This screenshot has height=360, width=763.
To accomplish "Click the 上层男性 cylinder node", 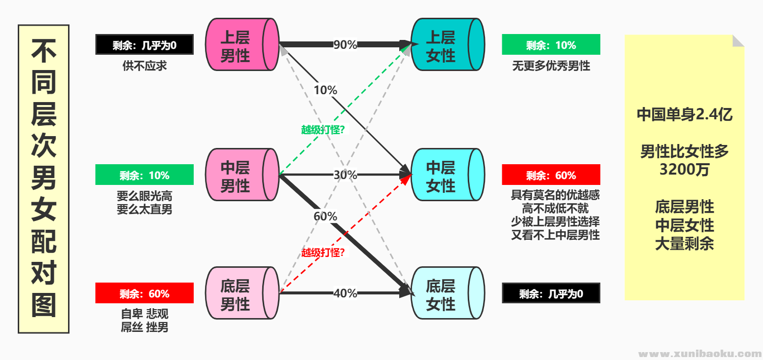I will tap(236, 44).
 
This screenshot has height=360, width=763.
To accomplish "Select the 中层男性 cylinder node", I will tap(236, 175).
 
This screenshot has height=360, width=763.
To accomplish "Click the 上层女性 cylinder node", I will tap(441, 44).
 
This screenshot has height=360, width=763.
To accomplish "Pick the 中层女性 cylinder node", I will tap(441, 175).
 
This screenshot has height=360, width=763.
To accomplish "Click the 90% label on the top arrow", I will tap(345, 44).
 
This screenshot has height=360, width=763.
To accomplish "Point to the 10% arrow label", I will tap(325, 90).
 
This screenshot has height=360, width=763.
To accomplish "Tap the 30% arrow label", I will tap(345, 175).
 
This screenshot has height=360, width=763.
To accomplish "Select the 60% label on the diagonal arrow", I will tap(325, 216).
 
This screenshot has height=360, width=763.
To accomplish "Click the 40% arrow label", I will tap(345, 293).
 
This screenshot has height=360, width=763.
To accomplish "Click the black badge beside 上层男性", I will tap(144, 45).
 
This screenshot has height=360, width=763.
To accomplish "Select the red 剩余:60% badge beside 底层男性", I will tap(144, 293).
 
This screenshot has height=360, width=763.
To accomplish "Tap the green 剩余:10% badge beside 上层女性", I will tap(551, 45).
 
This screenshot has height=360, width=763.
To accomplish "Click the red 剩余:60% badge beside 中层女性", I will tap(551, 175).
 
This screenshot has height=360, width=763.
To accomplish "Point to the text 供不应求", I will tap(144, 66).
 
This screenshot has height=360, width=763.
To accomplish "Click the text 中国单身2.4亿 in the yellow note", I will tap(684, 114).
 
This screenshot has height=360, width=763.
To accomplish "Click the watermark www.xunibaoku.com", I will tap(699, 354).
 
